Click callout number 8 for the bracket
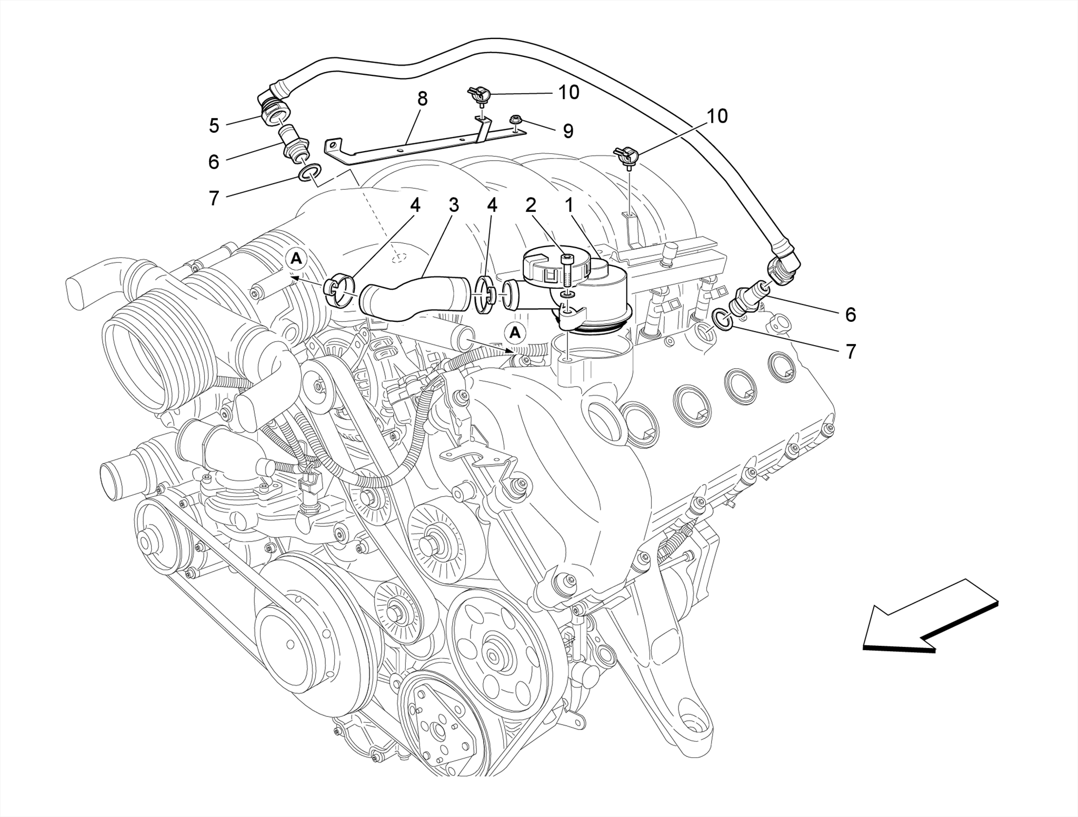click(422, 99)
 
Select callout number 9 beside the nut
click(568, 131)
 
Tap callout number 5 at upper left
click(214, 126)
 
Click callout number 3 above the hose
click(454, 205)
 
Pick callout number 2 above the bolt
click(531, 205)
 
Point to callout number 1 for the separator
click(569, 205)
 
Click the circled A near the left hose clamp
click(297, 259)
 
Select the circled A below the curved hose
click(515, 333)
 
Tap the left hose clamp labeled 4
click(339, 292)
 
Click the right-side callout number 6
click(851, 314)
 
